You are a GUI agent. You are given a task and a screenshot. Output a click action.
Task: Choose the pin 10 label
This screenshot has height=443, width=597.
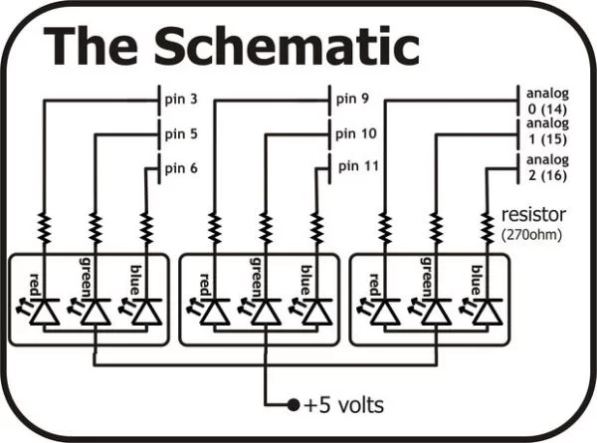click(356, 132)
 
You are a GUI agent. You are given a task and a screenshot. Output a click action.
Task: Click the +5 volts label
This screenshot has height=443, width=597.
click(343, 405)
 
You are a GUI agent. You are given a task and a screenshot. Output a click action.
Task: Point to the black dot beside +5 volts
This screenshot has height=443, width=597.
click(293, 405)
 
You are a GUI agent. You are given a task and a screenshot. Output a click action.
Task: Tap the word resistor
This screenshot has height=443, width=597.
click(534, 214)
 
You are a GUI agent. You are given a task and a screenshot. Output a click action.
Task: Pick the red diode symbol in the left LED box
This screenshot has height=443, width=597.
click(45, 312)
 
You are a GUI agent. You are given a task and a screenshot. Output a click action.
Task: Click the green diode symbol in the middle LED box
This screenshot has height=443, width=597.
click(266, 312)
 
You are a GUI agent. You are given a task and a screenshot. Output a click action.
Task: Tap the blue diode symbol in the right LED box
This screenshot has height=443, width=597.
click(487, 312)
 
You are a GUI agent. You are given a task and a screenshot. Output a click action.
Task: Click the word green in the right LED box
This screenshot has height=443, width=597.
click(428, 277)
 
